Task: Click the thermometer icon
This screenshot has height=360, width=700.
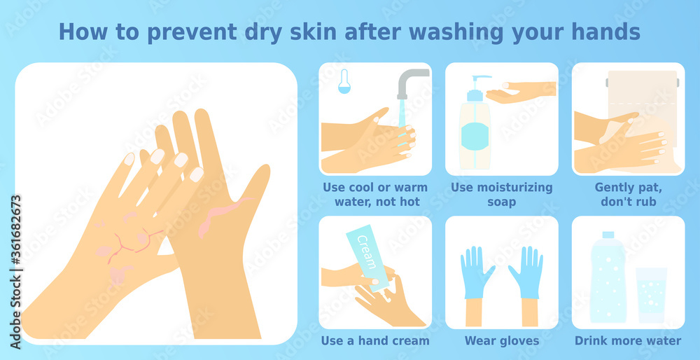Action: coord(344,81)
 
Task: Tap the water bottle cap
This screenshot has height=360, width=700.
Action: coord(608,235)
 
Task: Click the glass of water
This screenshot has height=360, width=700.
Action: coord(651,294)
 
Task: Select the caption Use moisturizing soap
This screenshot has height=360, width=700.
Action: coord(502,195)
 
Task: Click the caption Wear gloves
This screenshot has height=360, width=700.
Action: coord(502,341)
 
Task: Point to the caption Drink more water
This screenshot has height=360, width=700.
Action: coord(628,341)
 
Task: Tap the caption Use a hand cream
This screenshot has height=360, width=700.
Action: coord(375,341)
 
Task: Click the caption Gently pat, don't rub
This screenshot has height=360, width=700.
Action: coord(628,195)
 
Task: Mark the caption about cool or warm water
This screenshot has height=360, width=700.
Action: coord(375,195)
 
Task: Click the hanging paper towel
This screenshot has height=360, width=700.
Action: coord(643,98)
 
